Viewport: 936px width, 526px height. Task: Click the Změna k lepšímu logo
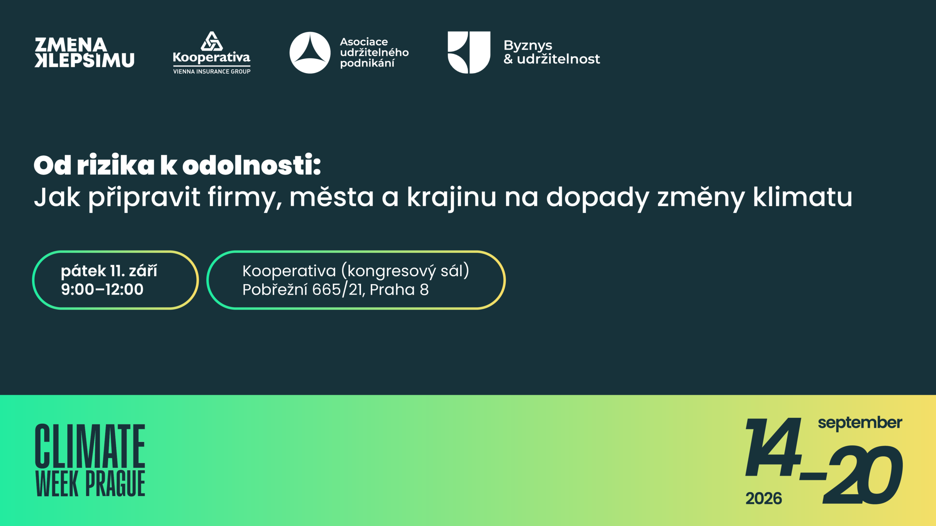(84, 53)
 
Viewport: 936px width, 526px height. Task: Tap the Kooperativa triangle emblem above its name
(212, 41)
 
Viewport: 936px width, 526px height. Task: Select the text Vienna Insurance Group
(212, 72)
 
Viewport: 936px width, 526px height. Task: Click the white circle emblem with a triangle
(310, 53)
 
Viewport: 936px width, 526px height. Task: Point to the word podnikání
(367, 64)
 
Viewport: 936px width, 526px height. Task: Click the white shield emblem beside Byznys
(469, 53)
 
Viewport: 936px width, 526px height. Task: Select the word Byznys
(528, 46)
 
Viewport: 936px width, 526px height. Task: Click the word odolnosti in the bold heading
(252, 165)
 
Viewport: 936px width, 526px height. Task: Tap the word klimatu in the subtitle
(803, 197)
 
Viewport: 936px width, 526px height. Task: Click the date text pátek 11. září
(109, 271)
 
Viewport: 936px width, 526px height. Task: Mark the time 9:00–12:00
(102, 289)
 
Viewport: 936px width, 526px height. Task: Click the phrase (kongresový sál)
(405, 271)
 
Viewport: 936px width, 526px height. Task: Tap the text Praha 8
(399, 290)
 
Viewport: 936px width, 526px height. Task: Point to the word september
(860, 423)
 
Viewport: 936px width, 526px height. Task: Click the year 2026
(764, 499)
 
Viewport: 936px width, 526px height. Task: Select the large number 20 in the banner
(863, 475)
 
